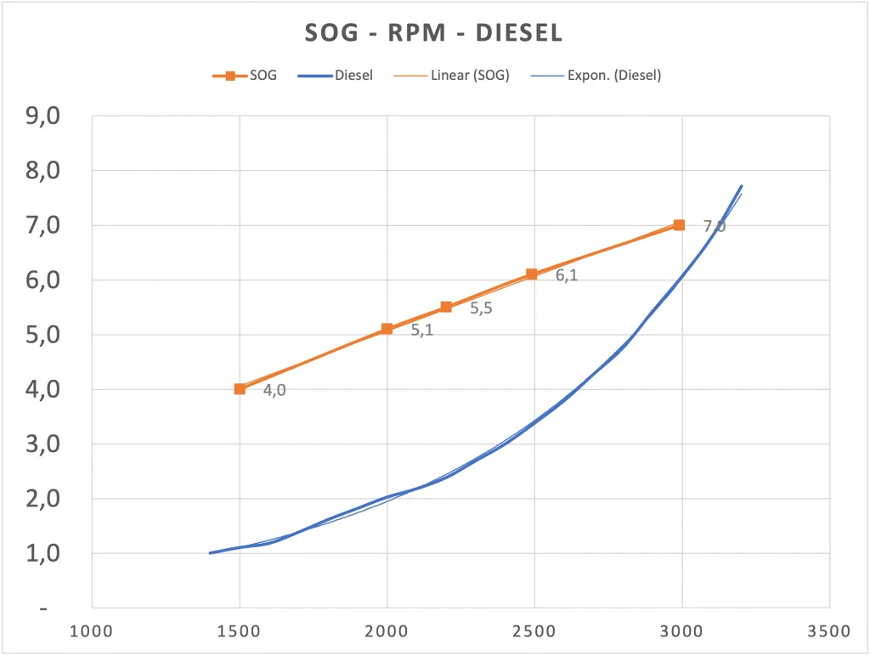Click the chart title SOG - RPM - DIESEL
433,33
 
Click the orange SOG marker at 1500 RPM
240,389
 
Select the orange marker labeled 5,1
387,329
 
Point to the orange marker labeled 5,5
446,307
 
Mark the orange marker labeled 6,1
532,274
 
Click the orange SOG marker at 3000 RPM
679,225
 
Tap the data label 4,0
274,391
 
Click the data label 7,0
715,226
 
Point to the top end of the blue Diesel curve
742,186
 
